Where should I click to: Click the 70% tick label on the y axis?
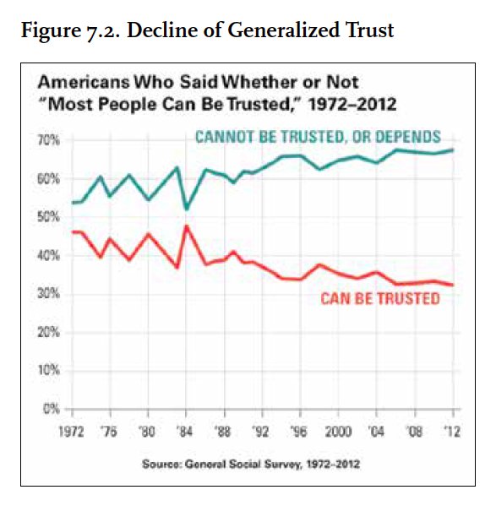click(x=49, y=140)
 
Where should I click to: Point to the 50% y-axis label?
click(x=49, y=217)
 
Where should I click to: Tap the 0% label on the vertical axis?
click(x=52, y=409)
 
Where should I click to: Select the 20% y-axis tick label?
click(x=49, y=332)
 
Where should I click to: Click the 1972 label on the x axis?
click(x=71, y=431)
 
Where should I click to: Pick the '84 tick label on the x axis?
click(x=185, y=431)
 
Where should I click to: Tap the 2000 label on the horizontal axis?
click(x=338, y=431)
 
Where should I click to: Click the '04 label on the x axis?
click(x=376, y=431)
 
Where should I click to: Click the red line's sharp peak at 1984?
click(x=186, y=226)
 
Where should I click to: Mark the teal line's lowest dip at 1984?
click(x=186, y=209)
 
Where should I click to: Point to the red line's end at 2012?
click(x=453, y=285)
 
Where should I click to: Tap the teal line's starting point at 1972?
click(x=73, y=203)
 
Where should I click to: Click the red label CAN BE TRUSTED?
click(x=380, y=298)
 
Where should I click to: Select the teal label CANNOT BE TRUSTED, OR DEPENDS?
click(x=319, y=137)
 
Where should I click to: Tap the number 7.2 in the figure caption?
click(x=102, y=31)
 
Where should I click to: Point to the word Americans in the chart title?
click(x=84, y=82)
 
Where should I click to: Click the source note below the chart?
click(x=251, y=464)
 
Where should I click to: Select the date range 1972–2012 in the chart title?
click(x=352, y=104)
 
